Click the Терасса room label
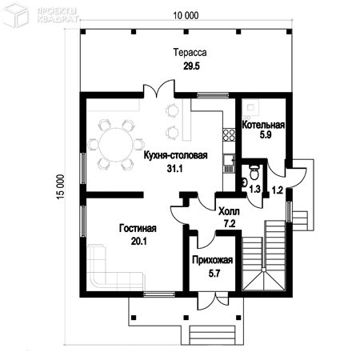click(190, 52)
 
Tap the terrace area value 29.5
click(191, 66)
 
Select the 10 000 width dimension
click(186, 15)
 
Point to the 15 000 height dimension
click(61, 186)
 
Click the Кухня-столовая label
click(175, 155)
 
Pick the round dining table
click(116, 145)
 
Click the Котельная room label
click(263, 125)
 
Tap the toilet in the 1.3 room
click(254, 172)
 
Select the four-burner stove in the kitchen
click(229, 134)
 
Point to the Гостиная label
click(138, 228)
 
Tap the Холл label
click(229, 212)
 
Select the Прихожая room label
click(213, 260)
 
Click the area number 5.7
click(214, 273)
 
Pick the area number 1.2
click(277, 190)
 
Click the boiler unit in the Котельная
click(250, 108)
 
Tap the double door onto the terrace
click(159, 90)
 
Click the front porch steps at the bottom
click(213, 335)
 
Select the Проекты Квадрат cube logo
click(15, 15)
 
